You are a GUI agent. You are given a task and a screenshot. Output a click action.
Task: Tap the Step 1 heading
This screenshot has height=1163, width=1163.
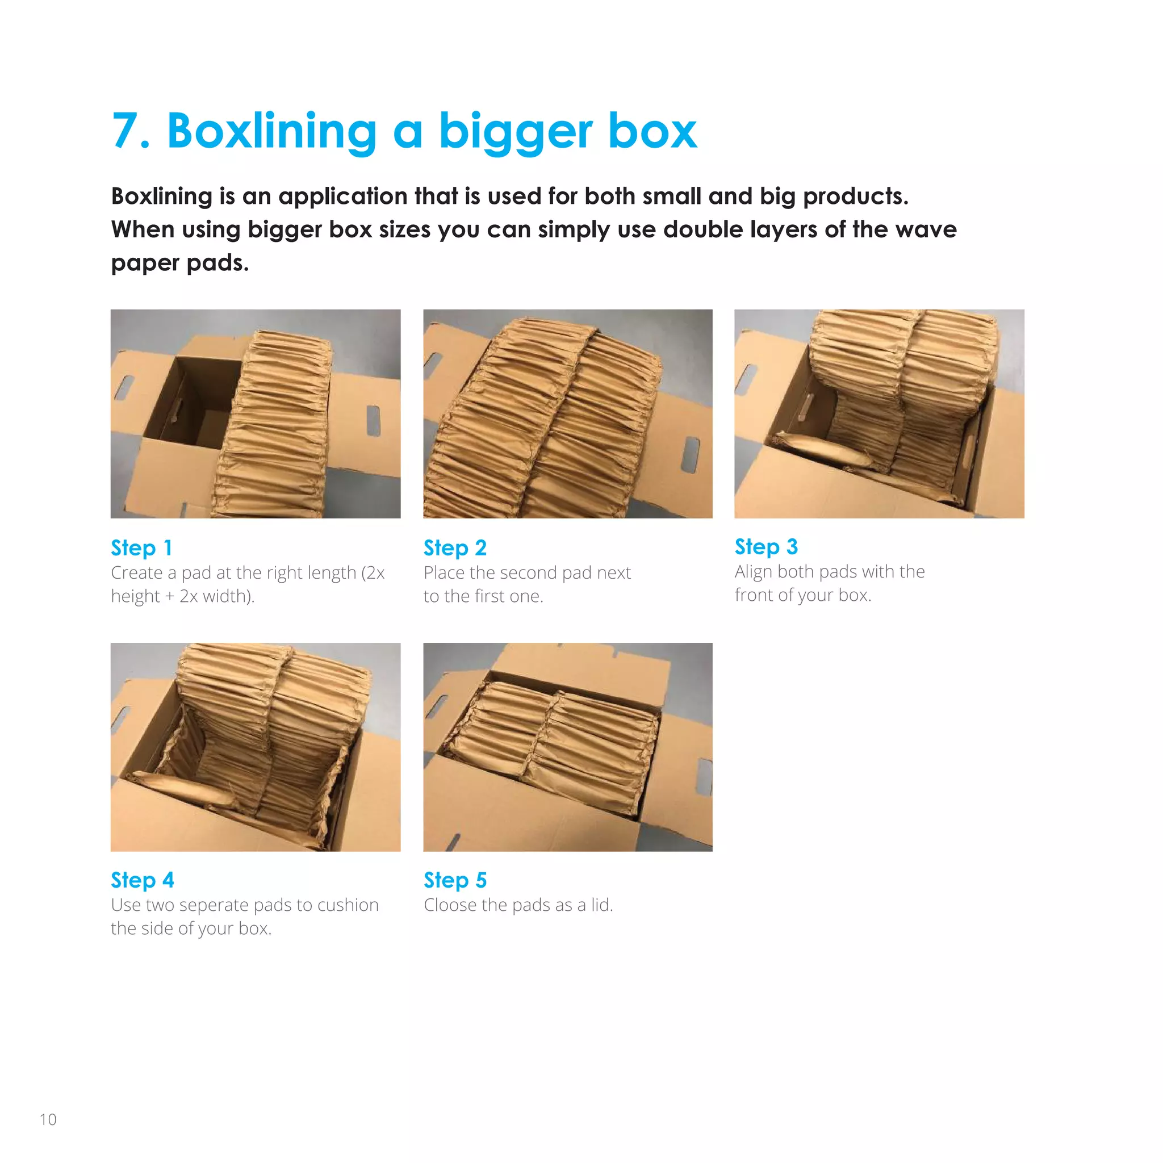click(141, 548)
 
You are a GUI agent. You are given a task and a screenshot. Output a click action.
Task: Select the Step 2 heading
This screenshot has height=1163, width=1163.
click(454, 548)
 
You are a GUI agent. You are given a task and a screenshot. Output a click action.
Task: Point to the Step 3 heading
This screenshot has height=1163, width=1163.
click(765, 547)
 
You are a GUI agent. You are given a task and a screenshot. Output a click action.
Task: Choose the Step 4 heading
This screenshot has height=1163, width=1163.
click(142, 880)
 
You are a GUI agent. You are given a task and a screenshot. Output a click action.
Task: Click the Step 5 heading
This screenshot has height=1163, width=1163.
click(454, 880)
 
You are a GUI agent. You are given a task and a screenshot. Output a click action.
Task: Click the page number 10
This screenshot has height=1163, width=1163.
click(48, 1120)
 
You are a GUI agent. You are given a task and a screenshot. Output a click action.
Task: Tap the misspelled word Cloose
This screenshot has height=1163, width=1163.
click(448, 905)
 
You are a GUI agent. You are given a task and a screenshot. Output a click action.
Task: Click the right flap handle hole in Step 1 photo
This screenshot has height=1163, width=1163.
click(373, 420)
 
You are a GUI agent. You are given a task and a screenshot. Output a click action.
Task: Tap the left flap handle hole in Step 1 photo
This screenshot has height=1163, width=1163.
click(124, 387)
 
